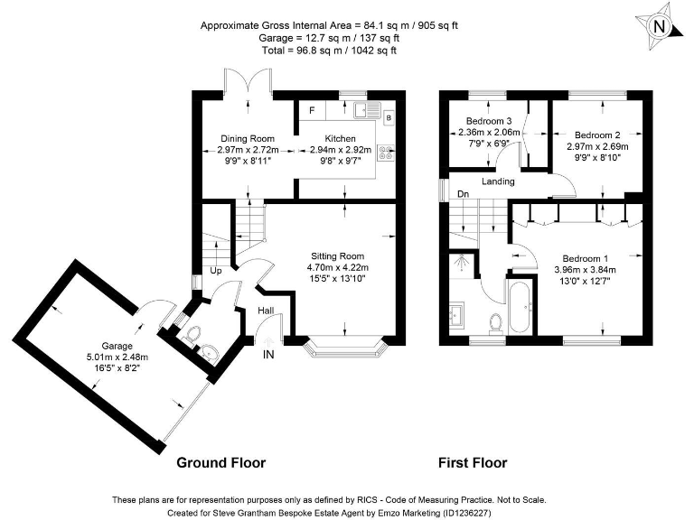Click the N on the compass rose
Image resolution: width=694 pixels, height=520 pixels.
(x=659, y=27)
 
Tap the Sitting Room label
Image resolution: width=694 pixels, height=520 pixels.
(x=337, y=256)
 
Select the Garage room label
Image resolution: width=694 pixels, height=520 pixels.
(x=117, y=346)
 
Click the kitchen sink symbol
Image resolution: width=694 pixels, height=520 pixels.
(x=368, y=109)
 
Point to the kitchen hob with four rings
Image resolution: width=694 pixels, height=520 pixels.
(x=386, y=153)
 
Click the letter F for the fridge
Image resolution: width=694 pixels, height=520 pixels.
(x=312, y=110)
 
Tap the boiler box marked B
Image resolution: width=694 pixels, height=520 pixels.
(x=389, y=117)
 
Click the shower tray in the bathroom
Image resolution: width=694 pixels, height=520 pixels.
(x=462, y=265)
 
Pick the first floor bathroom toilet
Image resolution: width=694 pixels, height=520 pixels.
(x=496, y=323)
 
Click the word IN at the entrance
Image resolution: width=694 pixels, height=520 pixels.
(x=268, y=354)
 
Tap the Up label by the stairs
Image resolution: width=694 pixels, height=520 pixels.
(x=216, y=271)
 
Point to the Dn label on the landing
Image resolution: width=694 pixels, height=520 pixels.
(x=463, y=194)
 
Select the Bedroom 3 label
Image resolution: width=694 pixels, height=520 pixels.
(x=489, y=121)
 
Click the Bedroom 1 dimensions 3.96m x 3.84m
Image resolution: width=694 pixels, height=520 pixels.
(x=586, y=270)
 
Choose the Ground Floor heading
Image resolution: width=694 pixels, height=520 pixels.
(x=220, y=462)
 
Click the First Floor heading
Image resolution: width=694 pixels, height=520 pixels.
(x=473, y=462)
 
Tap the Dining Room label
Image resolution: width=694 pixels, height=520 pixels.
(x=248, y=139)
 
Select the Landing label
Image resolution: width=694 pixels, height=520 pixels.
(x=498, y=181)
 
